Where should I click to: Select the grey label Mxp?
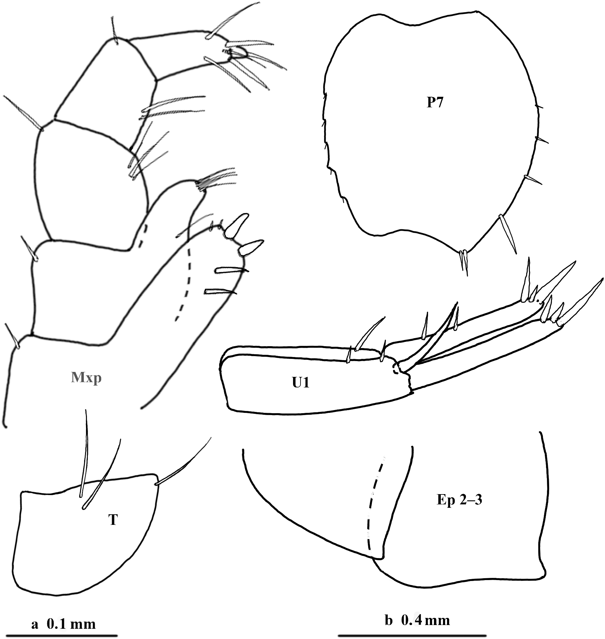[86, 378]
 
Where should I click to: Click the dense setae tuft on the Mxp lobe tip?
[215, 180]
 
